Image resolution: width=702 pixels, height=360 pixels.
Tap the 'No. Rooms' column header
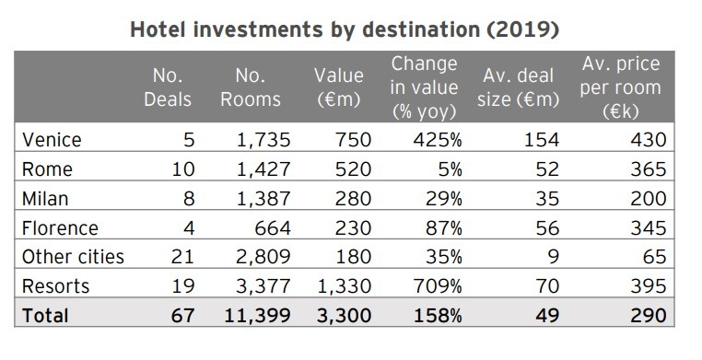[250, 87]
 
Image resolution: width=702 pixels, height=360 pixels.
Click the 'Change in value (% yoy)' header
[424, 87]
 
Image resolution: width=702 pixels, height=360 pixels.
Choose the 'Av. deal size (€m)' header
[521, 87]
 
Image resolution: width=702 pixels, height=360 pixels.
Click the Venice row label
[52, 140]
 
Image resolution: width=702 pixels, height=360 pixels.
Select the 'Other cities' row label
[71, 257]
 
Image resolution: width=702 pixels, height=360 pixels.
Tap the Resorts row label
[55, 286]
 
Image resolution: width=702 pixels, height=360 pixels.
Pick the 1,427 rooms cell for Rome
[262, 169]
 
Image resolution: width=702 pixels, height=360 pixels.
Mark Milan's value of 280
[354, 199]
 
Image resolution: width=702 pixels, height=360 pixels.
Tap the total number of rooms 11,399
[256, 316]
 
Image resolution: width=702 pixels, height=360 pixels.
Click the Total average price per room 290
[647, 316]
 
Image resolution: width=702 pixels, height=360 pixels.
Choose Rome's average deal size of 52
[548, 169]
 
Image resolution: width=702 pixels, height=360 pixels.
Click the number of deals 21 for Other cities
[182, 257]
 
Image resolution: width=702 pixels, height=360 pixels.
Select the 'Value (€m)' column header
[338, 87]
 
